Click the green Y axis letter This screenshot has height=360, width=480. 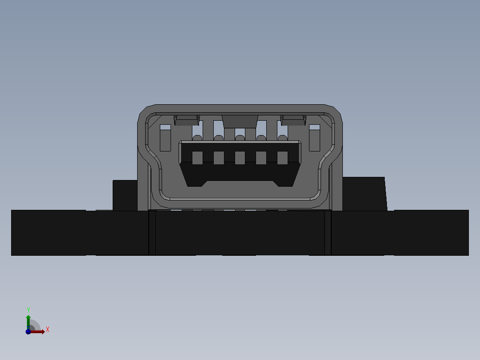(28, 310)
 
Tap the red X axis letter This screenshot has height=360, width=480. (48, 330)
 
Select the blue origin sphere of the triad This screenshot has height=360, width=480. (28, 331)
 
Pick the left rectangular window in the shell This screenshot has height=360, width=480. (165, 138)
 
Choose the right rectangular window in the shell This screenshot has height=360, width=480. (314, 138)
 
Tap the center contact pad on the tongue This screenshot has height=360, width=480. (240, 158)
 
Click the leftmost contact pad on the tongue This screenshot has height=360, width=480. (197, 158)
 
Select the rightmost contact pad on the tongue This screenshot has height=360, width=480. (283, 158)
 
